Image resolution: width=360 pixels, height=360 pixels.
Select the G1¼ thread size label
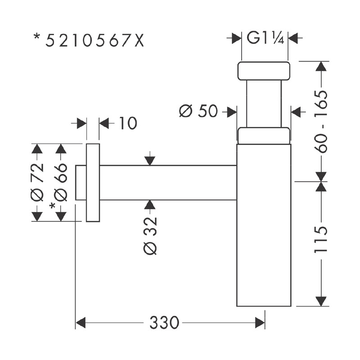pos(265,38)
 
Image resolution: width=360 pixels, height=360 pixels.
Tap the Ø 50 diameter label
pos(198,111)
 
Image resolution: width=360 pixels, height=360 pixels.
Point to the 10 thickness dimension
pos(128,123)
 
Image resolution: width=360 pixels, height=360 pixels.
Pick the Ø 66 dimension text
pos(61,182)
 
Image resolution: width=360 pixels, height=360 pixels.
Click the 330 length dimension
pos(164,323)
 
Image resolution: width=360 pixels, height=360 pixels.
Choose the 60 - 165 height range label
pos(320,121)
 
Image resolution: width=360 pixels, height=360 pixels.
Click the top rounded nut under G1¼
pos(263,71)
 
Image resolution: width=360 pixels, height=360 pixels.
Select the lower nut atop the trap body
pos(263,136)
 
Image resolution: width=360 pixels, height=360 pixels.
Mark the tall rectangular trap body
pos(264,225)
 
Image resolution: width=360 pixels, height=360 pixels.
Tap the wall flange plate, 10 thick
pos(93,183)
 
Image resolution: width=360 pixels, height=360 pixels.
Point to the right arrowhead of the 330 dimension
pos(260,323)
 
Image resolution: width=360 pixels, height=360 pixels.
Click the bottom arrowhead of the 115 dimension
pos(320,301)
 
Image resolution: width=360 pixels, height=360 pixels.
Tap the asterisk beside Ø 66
pos(53,206)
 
